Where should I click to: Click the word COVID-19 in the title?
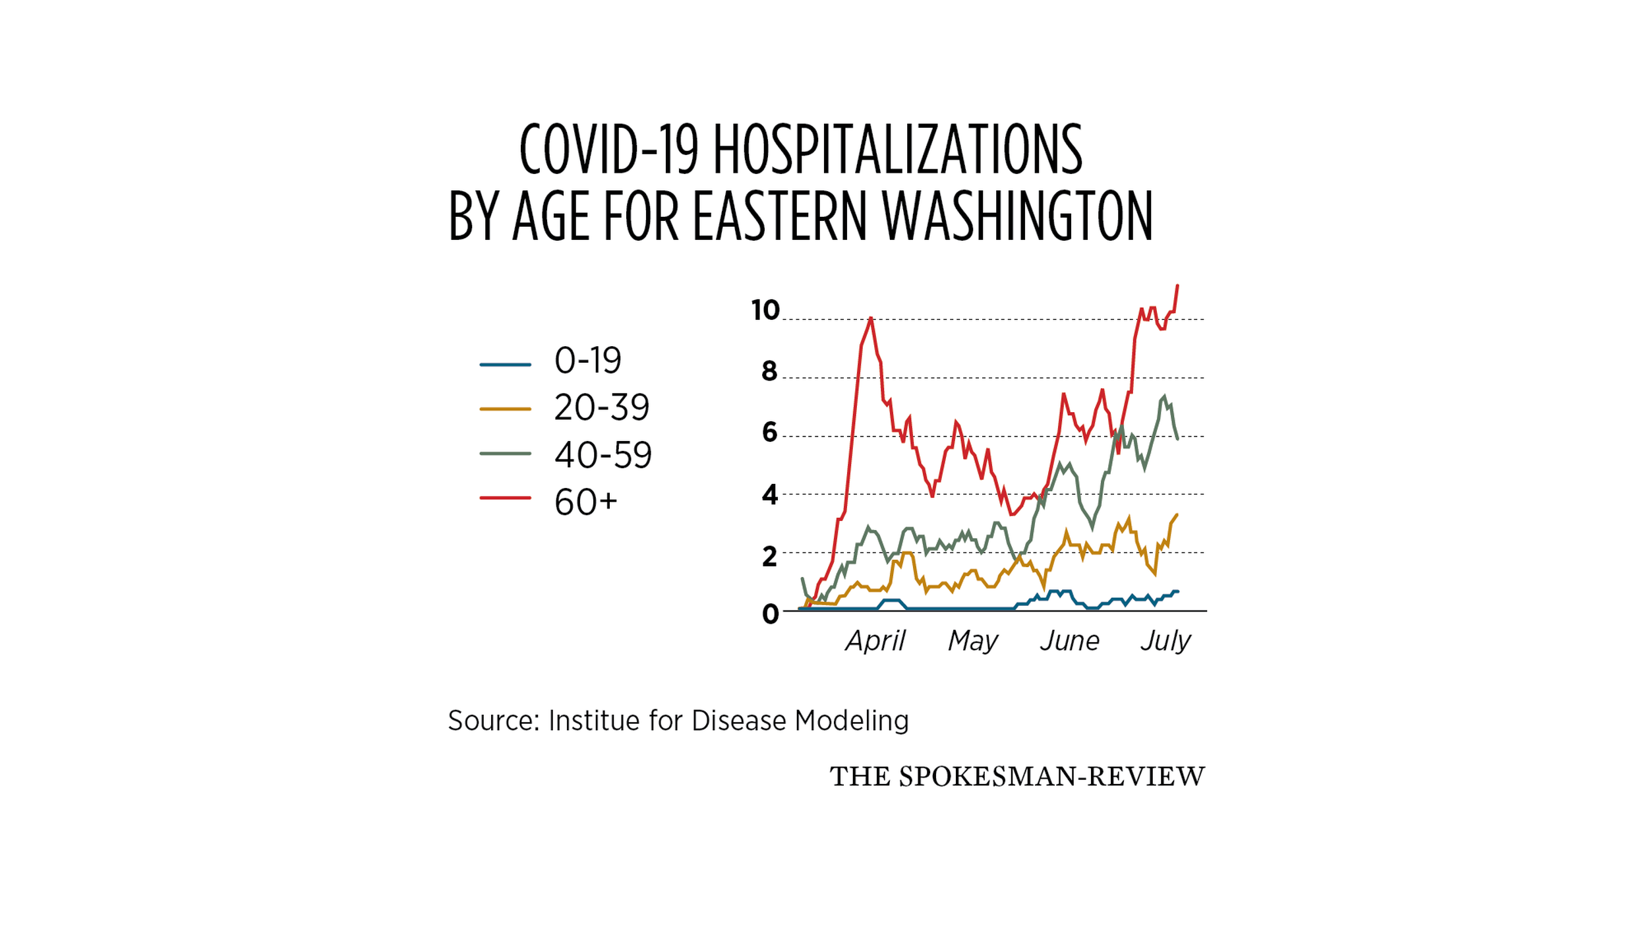click(608, 150)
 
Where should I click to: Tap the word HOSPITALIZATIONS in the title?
click(897, 150)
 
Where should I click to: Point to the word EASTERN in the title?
click(779, 216)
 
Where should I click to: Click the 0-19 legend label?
click(587, 361)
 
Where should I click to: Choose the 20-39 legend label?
click(601, 407)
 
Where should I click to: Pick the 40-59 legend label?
click(603, 455)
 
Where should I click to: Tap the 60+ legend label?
click(585, 502)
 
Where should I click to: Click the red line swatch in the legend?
click(505, 498)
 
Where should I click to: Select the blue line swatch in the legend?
click(505, 364)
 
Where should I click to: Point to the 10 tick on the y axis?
click(765, 310)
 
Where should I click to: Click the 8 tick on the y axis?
click(769, 372)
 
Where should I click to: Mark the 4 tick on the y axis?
click(769, 494)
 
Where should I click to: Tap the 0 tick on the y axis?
click(770, 614)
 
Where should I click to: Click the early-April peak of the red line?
click(871, 318)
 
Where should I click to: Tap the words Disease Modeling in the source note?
click(800, 721)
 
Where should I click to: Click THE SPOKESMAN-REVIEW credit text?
click(1016, 777)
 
